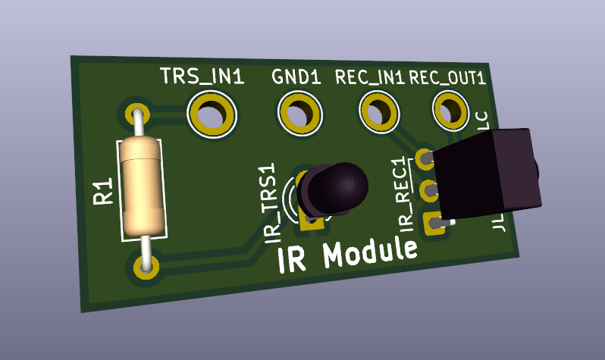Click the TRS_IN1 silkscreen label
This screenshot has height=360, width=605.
(x=202, y=77)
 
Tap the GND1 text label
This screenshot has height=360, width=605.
(x=297, y=77)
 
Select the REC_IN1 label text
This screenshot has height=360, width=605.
(x=370, y=77)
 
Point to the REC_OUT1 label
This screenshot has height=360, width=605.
(x=447, y=77)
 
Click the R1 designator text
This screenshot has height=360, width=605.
(x=103, y=192)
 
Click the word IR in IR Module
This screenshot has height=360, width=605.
(x=293, y=259)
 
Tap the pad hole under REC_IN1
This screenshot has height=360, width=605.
(x=380, y=111)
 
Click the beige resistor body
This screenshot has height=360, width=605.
(x=143, y=186)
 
